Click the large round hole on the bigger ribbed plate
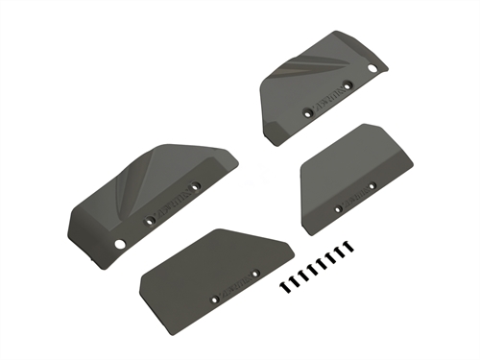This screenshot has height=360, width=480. pyautogui.click(x=119, y=244)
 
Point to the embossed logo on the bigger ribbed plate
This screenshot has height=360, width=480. pyautogui.click(x=172, y=201)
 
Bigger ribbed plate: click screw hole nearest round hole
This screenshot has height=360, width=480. pyautogui.click(x=149, y=221)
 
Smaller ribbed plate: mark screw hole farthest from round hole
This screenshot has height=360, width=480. pyautogui.click(x=308, y=112)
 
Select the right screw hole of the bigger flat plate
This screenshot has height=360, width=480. pyautogui.click(x=255, y=274)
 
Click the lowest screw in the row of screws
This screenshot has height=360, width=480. pyautogui.click(x=284, y=286)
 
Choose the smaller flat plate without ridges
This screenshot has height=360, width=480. pyautogui.click(x=350, y=173)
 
